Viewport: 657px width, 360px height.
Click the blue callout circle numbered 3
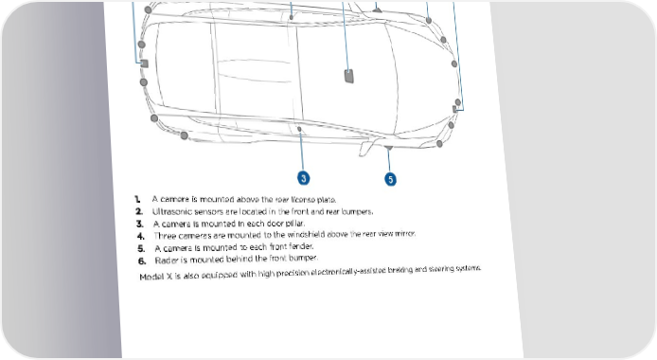point(304,178)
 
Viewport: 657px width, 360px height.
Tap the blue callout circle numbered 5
point(391,179)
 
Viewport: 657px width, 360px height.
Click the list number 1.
point(137,199)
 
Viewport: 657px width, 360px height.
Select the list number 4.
point(141,236)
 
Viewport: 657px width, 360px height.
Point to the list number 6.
point(142,261)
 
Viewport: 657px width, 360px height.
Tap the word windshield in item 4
point(306,234)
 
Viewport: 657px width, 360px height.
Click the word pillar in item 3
point(295,223)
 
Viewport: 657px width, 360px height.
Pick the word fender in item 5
point(301,246)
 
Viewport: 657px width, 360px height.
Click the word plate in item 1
point(327,200)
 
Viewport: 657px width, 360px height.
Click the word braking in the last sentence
point(400,270)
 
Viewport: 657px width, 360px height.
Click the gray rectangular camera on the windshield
point(349,76)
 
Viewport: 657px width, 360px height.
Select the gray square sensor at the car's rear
point(144,63)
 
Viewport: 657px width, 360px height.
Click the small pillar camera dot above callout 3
point(299,129)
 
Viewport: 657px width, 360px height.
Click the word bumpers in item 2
point(357,211)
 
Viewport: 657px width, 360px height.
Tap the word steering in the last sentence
point(442,269)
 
